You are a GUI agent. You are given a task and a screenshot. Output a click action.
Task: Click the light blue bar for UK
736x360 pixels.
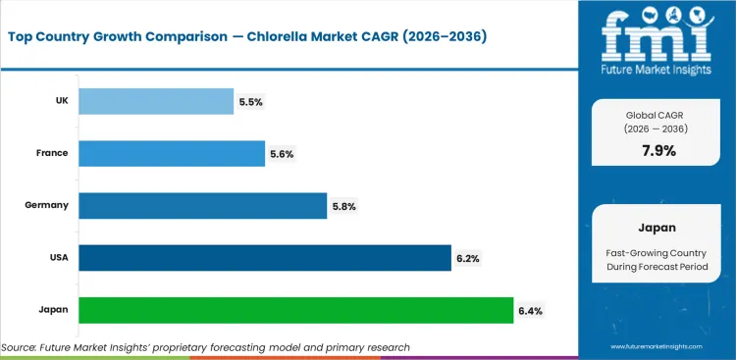(x=155, y=101)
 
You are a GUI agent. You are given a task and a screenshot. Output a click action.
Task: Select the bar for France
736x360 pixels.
(x=171, y=153)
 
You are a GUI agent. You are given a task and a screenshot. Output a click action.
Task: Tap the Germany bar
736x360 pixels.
(x=202, y=205)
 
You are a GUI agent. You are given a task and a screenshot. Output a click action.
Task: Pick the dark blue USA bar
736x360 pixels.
(x=264, y=257)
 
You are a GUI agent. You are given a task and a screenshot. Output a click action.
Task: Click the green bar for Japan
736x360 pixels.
(x=295, y=309)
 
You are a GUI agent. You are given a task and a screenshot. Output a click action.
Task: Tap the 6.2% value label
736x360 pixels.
(x=468, y=258)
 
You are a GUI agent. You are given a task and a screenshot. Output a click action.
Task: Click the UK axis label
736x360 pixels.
(x=60, y=101)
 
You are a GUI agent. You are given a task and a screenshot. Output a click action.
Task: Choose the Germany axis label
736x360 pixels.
(x=47, y=205)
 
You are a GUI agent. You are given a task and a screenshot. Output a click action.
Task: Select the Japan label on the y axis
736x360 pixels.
(x=53, y=309)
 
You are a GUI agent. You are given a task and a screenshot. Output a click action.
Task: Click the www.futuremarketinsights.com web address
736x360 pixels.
(x=657, y=347)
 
